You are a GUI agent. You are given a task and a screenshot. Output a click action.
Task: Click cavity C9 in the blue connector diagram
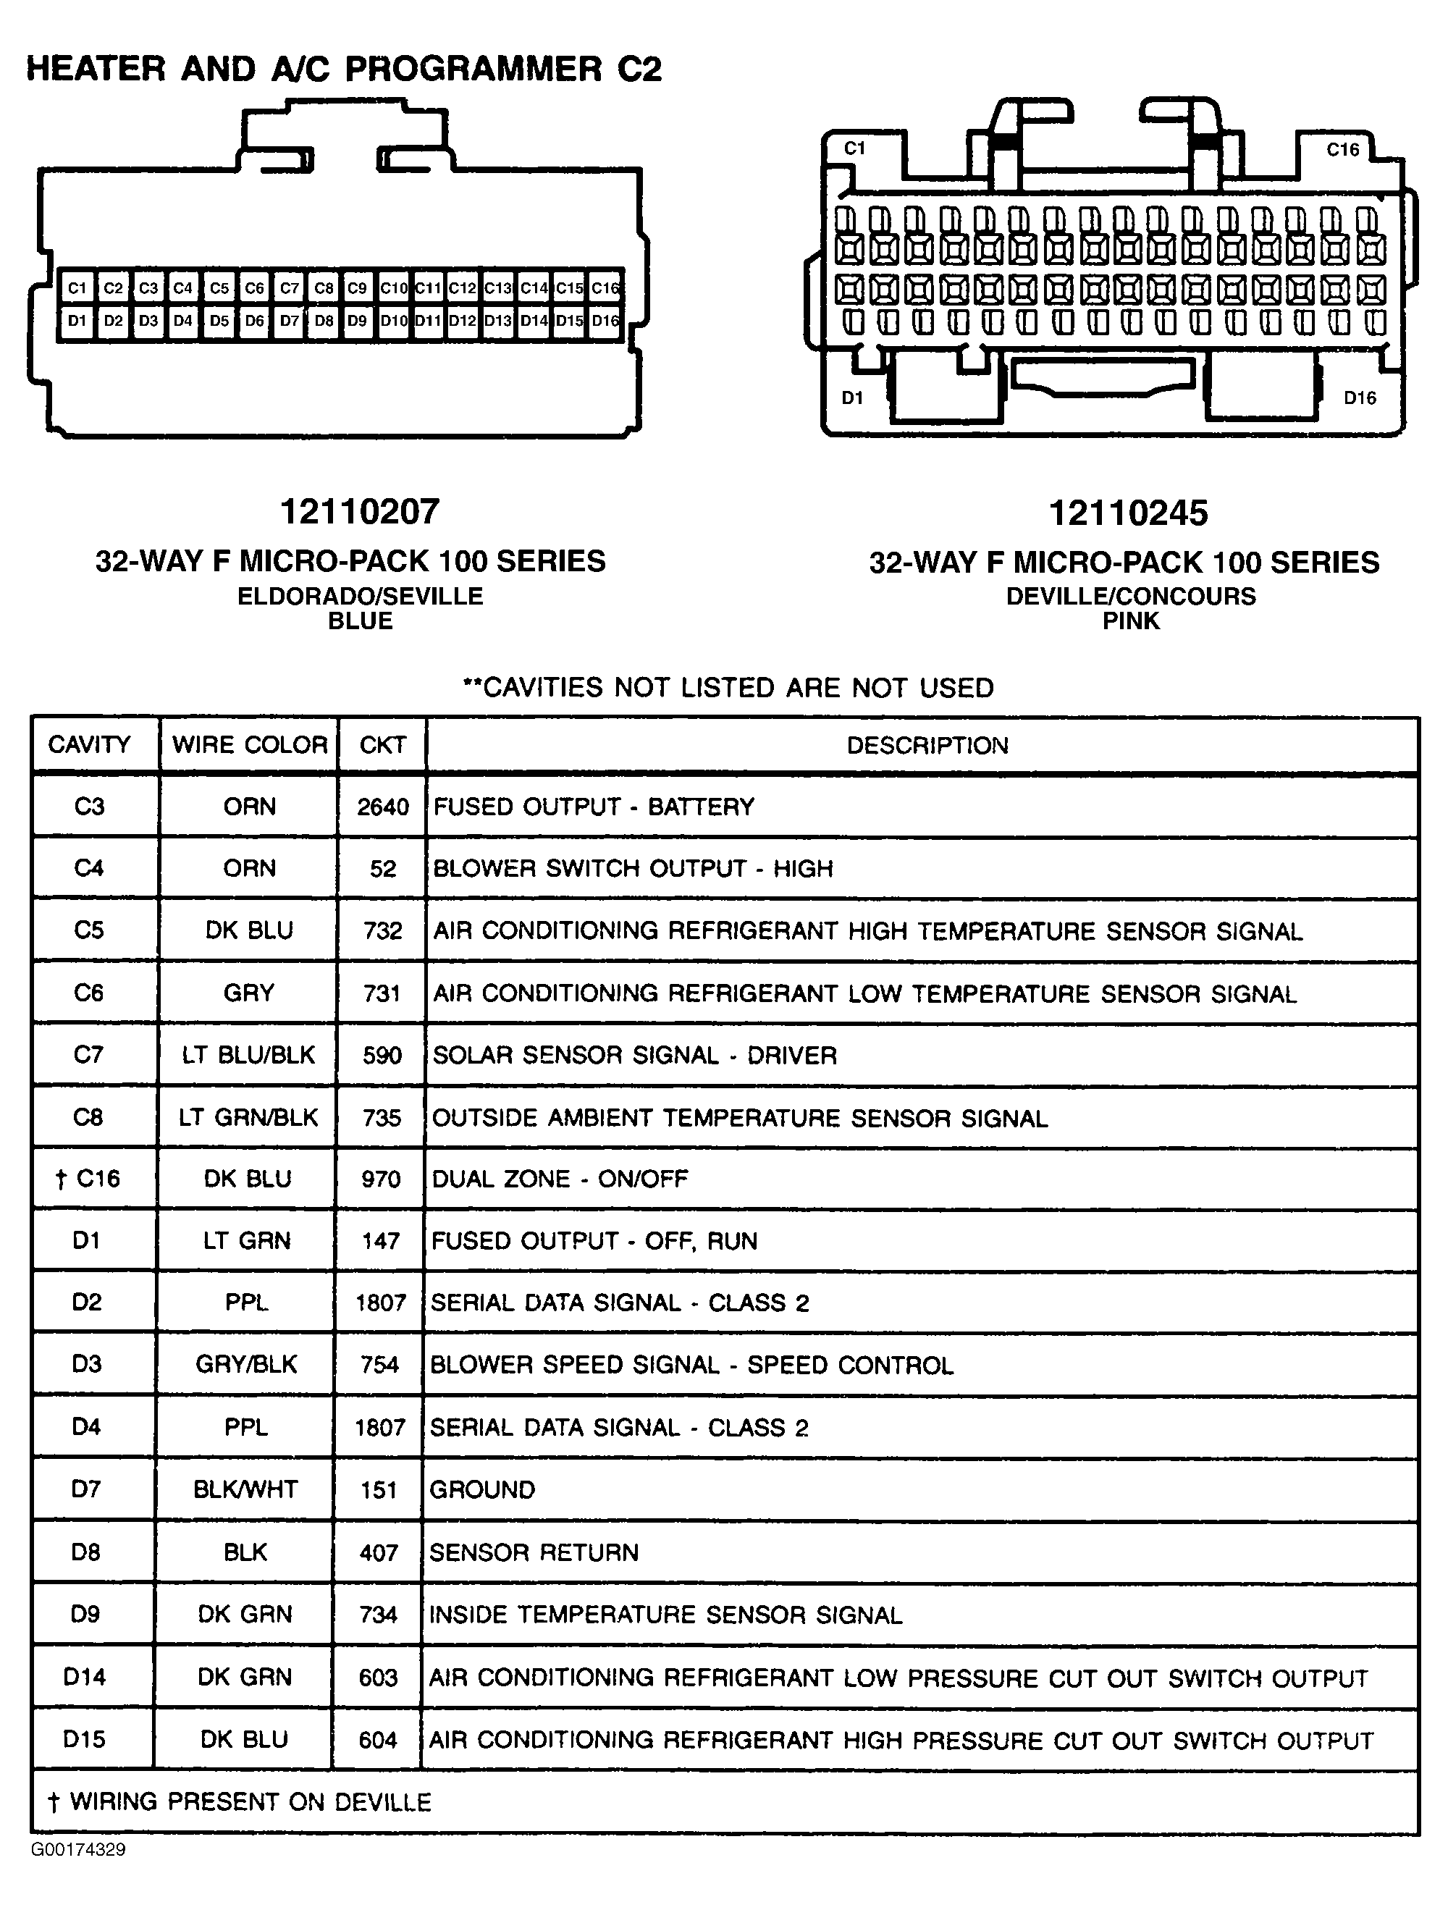click(357, 288)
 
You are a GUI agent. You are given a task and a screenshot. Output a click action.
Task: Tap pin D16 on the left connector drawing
click(605, 321)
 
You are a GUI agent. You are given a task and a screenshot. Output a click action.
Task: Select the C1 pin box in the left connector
click(77, 288)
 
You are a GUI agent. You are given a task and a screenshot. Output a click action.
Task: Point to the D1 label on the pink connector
click(852, 398)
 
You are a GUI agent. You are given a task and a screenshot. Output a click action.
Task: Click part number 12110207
click(360, 512)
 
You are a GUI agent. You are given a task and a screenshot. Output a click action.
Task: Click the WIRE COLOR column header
click(250, 745)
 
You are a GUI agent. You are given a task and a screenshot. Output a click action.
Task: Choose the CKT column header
click(382, 745)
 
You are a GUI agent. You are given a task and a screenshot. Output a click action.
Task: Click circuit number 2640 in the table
click(382, 807)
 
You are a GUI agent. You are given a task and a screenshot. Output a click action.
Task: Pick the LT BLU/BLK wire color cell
click(248, 1055)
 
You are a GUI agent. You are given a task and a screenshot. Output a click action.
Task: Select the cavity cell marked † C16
click(88, 1179)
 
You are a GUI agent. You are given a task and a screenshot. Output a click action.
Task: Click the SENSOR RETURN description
click(534, 1552)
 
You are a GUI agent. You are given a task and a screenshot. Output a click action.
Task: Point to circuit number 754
click(380, 1365)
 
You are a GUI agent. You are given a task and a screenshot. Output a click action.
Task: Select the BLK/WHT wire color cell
click(246, 1489)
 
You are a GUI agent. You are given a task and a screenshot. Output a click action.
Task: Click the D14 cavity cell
click(85, 1677)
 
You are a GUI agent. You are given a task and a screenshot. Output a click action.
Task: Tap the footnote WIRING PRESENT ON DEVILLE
click(240, 1802)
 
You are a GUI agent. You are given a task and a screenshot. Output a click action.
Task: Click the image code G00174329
click(79, 1850)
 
